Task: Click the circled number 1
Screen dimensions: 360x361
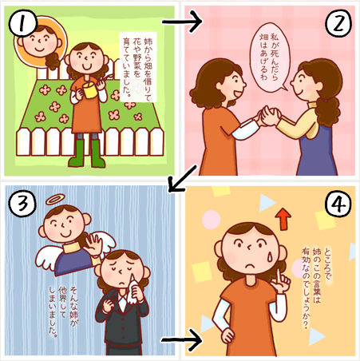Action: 22,24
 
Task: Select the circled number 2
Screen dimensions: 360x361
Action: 338,23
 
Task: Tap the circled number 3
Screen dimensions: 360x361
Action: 22,204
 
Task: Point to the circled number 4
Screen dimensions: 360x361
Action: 338,204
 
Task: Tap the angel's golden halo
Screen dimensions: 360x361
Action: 55,199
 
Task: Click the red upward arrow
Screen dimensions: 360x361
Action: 283,219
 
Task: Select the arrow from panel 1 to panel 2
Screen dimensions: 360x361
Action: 182,22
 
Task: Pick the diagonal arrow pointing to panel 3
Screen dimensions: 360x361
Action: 183,178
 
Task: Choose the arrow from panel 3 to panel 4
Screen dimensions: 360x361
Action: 182,340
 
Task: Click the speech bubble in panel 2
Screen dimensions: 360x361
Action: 269,57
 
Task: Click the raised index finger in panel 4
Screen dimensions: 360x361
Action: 279,277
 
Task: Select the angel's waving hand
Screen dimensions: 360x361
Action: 93,245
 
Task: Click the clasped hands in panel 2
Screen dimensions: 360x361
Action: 269,116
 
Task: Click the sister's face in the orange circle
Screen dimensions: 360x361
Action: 40,41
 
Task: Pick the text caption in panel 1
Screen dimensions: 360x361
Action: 138,67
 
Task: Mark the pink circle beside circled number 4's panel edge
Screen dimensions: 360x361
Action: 211,220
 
